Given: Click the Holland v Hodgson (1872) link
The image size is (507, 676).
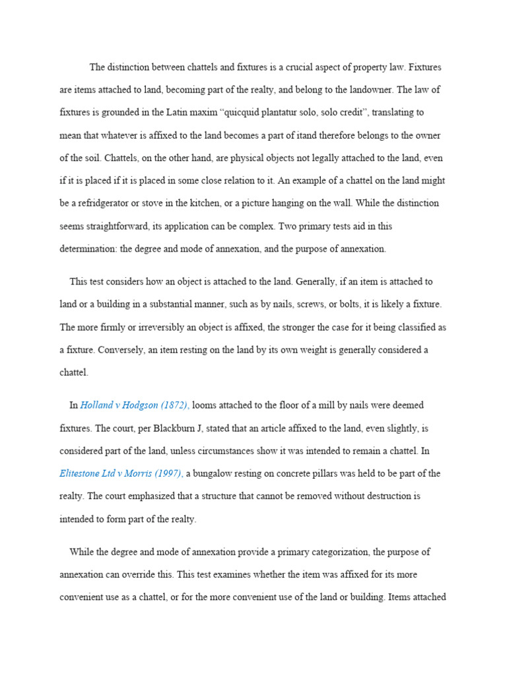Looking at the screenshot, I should pos(134,405).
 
